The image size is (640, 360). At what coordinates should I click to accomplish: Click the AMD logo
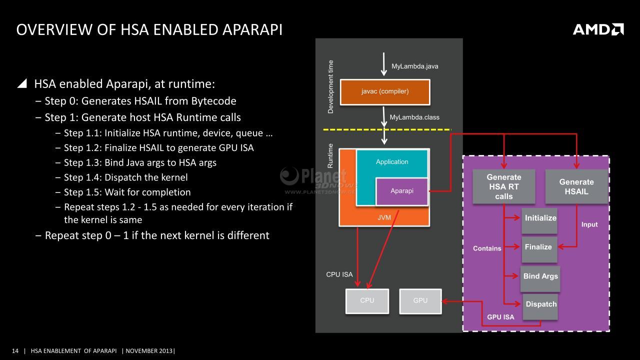598,29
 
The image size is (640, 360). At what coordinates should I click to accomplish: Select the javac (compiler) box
385,92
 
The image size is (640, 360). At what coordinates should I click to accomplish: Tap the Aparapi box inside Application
401,191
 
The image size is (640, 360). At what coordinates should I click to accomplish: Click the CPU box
367,301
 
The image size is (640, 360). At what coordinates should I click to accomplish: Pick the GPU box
420,301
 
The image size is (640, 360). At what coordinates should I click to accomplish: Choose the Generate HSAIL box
576,186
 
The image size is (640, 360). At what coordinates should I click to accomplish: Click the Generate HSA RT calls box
503,186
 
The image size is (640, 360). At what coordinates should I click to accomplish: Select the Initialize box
539,220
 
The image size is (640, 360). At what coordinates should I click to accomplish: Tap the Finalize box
539,249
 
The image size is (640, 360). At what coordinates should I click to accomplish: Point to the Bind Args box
540,279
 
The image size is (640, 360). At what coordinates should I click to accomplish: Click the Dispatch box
540,307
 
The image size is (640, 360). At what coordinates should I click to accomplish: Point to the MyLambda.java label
415,66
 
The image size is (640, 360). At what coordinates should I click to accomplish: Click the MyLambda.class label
414,117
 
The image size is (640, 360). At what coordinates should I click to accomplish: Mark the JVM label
384,217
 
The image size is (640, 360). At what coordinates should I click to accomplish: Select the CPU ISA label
339,274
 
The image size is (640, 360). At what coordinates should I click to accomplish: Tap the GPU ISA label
500,317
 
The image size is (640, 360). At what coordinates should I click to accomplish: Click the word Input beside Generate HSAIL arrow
589,225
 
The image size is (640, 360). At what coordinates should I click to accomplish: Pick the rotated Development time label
330,87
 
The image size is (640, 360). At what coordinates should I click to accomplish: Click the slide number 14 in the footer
15,351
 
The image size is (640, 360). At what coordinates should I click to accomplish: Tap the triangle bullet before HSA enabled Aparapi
22,83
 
